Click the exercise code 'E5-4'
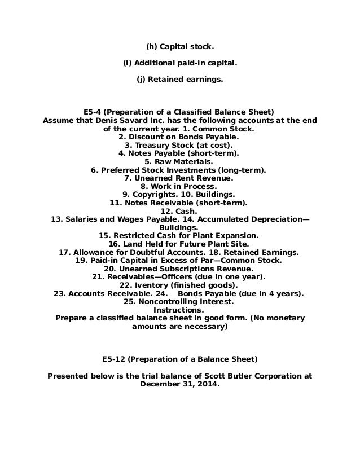93,111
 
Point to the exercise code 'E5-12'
114,358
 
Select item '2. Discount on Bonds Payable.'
179,136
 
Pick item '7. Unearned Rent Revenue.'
179,178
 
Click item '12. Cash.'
179,210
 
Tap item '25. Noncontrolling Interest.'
179,302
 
